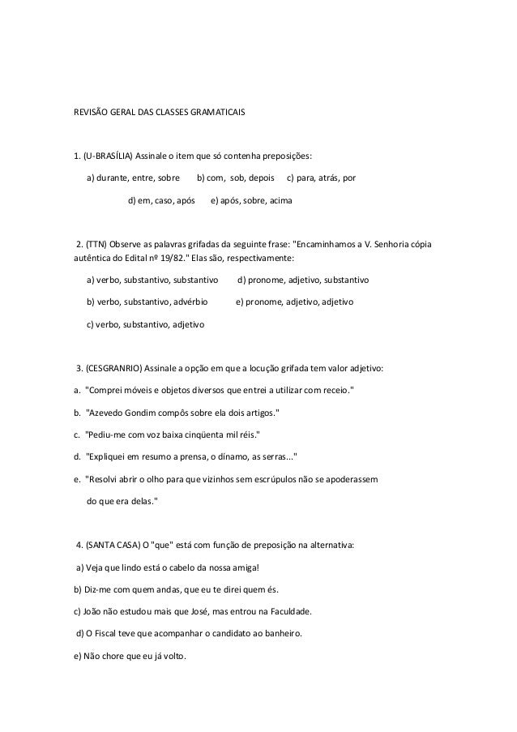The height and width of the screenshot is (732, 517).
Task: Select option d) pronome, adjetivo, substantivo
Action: coord(302,280)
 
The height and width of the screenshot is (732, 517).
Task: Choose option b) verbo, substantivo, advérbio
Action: coord(146,302)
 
